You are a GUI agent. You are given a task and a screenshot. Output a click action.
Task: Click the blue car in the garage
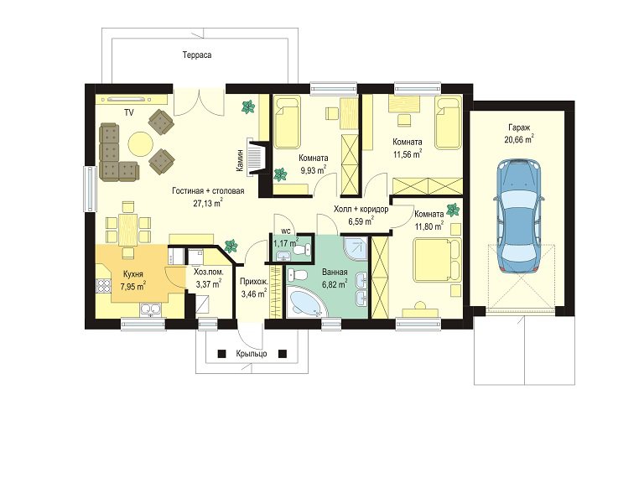(x=519, y=216)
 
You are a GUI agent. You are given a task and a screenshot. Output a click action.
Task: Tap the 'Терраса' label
(x=197, y=55)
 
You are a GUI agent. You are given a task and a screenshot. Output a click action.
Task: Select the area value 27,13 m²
(x=208, y=202)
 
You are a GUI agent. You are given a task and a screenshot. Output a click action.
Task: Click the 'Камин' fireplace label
(x=240, y=160)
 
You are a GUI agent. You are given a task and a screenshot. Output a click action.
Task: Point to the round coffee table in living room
(x=141, y=143)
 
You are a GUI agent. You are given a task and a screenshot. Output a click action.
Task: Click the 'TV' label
(x=129, y=112)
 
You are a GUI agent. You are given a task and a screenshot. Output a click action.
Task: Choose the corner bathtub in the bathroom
(x=305, y=302)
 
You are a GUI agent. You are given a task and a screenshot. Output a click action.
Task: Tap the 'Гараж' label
(x=519, y=127)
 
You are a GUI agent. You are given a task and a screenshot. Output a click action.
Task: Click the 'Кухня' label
(x=133, y=274)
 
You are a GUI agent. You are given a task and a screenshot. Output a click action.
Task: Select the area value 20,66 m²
(x=519, y=139)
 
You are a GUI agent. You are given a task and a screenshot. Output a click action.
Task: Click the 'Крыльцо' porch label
(x=252, y=354)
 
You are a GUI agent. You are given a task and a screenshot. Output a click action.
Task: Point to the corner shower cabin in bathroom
(x=356, y=250)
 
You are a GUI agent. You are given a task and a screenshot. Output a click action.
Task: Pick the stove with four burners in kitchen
(x=103, y=285)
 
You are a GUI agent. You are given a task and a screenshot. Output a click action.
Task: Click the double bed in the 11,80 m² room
(x=437, y=261)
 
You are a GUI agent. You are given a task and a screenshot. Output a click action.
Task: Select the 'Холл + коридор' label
(x=361, y=210)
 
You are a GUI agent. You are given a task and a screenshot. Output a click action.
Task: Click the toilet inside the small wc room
(x=303, y=249)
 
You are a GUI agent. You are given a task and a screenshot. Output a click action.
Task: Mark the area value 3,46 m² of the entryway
(x=255, y=293)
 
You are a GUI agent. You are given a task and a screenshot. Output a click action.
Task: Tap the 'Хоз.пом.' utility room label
(x=209, y=272)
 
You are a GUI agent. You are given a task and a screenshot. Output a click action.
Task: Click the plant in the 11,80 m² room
(x=453, y=210)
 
